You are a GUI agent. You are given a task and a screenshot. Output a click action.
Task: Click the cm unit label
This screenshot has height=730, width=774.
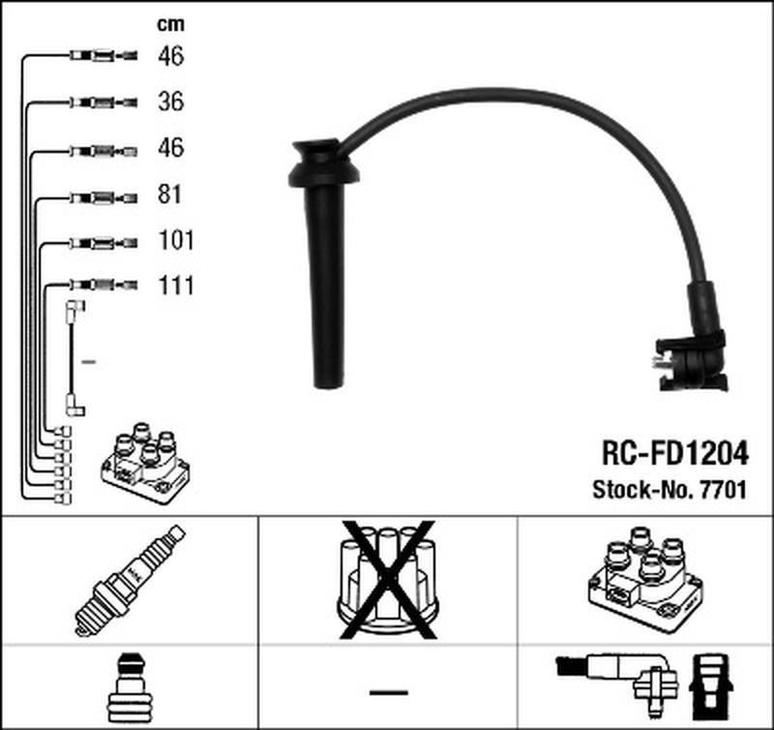point(170,23)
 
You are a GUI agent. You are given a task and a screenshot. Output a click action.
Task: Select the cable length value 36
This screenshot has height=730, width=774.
point(170,101)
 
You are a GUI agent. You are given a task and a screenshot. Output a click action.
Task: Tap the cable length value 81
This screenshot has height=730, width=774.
point(170,195)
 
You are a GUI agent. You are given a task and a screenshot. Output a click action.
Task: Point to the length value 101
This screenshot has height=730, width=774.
point(176,240)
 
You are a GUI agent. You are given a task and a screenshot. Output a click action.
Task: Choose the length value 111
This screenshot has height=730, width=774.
point(176,286)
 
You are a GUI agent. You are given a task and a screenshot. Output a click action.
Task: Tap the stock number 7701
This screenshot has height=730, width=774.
point(723,490)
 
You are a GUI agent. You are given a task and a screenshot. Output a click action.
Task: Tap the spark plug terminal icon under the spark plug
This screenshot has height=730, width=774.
point(129,688)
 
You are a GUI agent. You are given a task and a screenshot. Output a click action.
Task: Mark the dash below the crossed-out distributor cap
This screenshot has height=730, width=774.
point(388,693)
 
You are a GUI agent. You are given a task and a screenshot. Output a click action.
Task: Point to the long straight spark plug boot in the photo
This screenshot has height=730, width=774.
point(325,271)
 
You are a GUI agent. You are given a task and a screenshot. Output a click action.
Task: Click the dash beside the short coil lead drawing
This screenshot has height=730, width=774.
point(88,361)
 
